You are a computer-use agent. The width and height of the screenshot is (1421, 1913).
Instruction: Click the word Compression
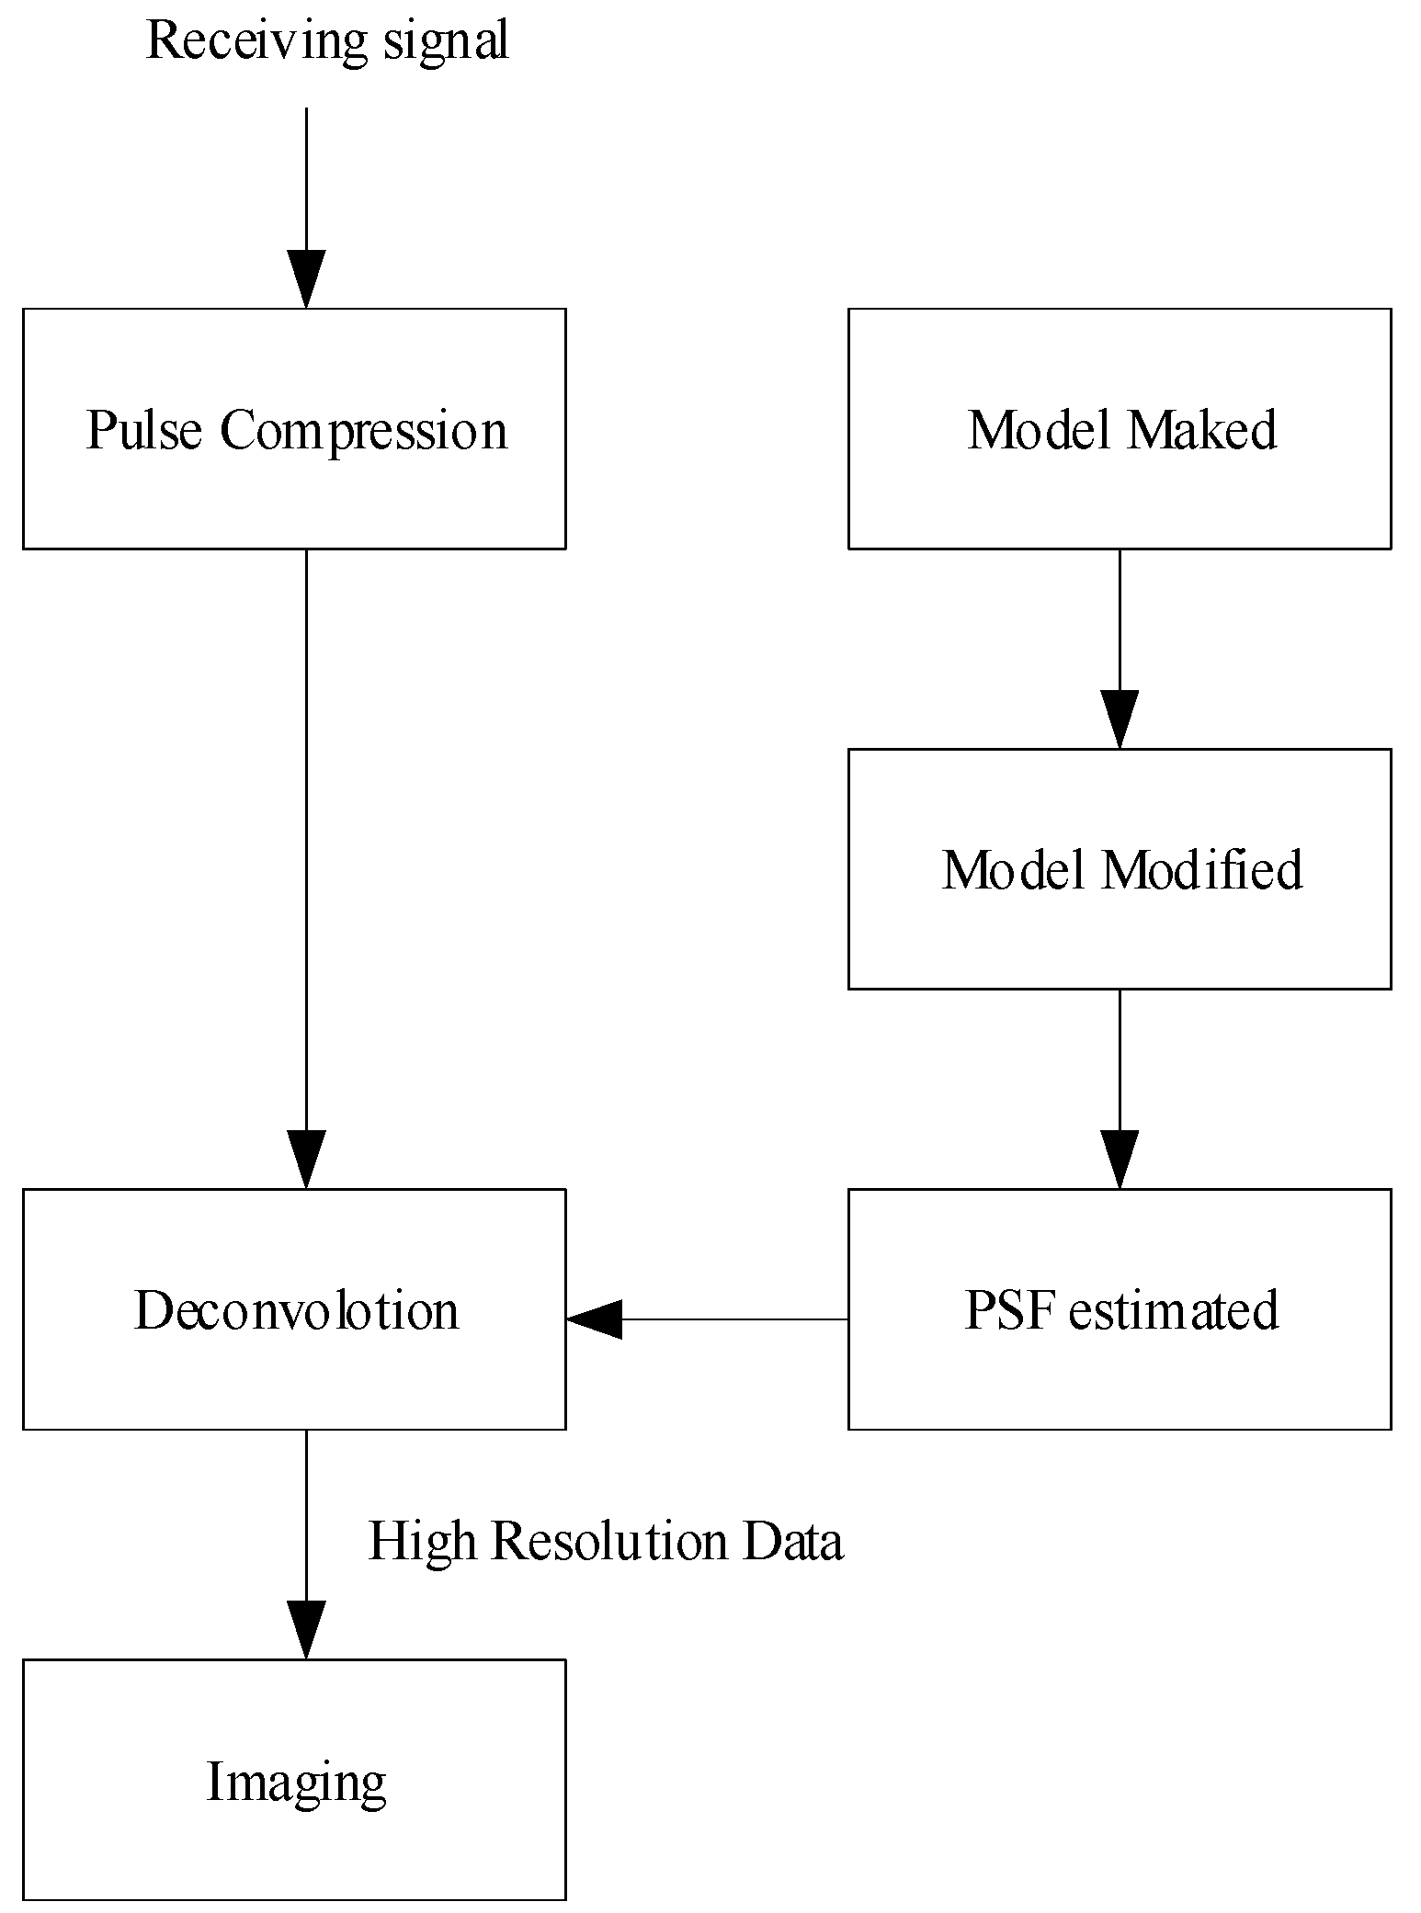(x=363, y=431)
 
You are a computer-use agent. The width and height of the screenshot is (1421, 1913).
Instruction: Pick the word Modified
(x=1201, y=869)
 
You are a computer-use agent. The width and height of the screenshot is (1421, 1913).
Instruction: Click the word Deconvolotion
(x=296, y=1309)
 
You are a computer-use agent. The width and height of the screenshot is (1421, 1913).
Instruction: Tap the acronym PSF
(x=1008, y=1309)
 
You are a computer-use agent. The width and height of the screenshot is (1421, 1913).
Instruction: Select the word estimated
(x=1174, y=1309)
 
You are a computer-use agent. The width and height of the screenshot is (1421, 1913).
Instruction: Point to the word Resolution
(x=609, y=1541)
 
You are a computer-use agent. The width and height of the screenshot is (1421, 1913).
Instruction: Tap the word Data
(x=792, y=1541)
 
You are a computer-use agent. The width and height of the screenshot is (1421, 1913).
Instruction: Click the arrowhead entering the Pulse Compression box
(x=306, y=278)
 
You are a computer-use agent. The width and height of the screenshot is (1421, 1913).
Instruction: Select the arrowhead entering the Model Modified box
(x=1120, y=719)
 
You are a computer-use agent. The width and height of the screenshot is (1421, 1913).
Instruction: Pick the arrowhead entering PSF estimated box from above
(x=1120, y=1159)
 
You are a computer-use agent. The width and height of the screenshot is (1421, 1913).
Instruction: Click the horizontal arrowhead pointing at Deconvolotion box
(x=595, y=1319)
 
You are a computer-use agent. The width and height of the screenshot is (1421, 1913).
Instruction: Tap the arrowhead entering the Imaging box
(x=306, y=1629)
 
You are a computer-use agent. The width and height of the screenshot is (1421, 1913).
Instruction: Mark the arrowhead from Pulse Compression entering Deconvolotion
(x=306, y=1159)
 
